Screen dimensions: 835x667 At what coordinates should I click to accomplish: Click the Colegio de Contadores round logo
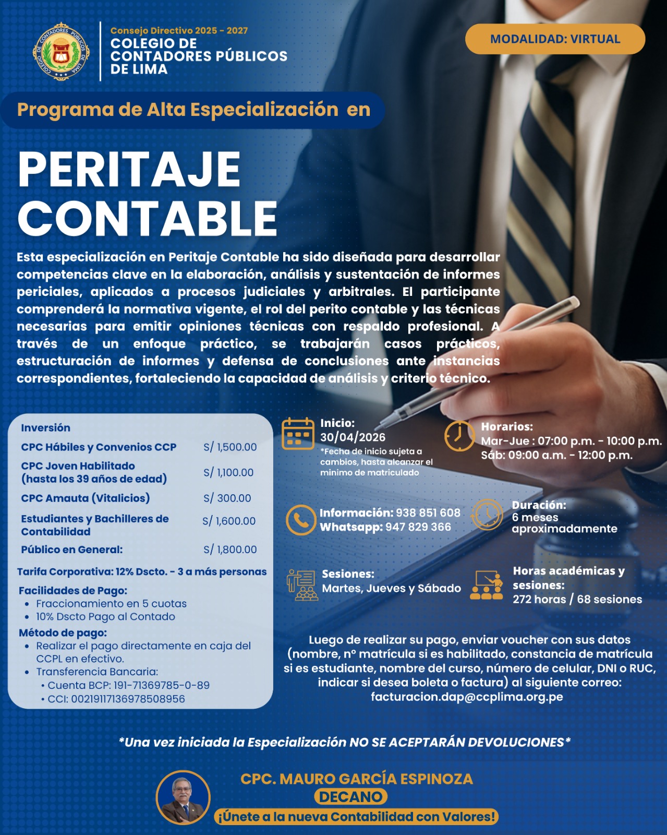(x=62, y=51)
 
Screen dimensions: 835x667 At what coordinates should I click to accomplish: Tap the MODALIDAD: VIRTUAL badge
(x=555, y=39)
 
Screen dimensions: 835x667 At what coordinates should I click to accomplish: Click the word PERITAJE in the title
(x=129, y=170)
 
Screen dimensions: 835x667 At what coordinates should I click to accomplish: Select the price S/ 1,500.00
(x=230, y=447)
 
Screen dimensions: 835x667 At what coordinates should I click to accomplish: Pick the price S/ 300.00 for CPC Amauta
(x=227, y=498)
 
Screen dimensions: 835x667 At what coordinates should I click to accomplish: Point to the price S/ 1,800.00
(x=230, y=550)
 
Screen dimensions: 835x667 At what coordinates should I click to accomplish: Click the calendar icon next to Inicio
(x=298, y=434)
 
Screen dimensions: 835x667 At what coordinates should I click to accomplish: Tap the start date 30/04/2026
(x=353, y=437)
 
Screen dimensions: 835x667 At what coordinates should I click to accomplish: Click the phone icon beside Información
(x=301, y=520)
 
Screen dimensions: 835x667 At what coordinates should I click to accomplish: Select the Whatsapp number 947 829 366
(x=418, y=527)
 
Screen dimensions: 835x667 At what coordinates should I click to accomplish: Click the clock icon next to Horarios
(x=459, y=435)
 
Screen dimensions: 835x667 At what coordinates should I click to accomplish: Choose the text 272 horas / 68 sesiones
(x=577, y=599)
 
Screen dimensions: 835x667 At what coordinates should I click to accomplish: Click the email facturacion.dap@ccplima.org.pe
(x=467, y=697)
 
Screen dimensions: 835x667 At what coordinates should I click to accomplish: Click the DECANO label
(x=350, y=797)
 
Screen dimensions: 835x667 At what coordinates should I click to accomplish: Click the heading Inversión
(x=45, y=428)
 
